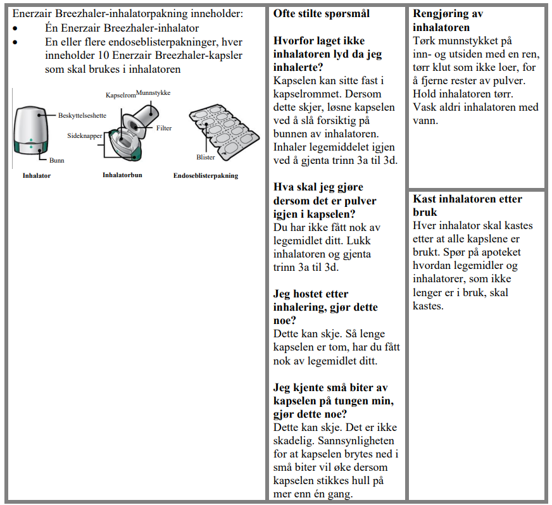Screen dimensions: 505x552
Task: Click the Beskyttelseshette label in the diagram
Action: pos(82,116)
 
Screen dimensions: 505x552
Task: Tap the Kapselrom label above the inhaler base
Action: pos(120,94)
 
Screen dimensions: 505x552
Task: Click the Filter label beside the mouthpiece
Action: pos(164,128)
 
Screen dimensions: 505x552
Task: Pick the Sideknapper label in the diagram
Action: pos(85,135)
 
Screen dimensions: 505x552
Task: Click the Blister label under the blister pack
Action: pos(206,158)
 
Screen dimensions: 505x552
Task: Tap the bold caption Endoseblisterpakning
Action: pos(206,175)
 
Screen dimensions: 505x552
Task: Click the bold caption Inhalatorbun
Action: pos(122,175)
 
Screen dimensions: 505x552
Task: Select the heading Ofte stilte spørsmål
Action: pos(322,13)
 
